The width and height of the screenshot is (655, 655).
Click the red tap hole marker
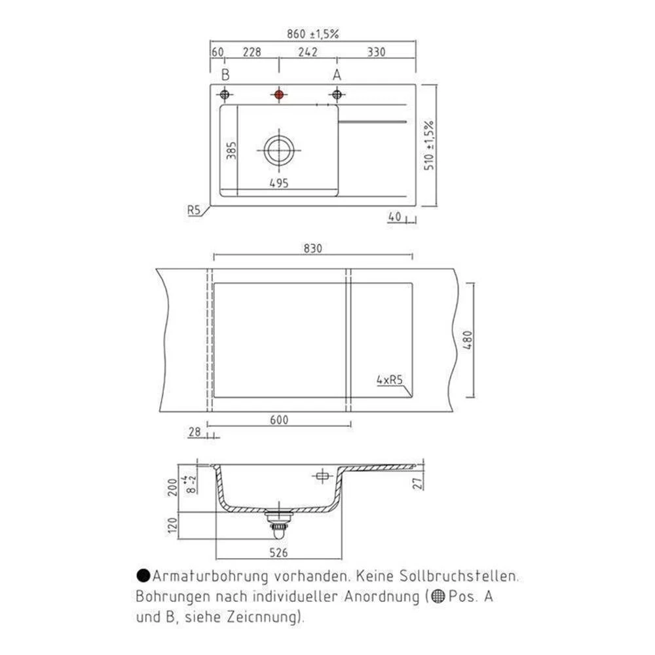click(x=280, y=95)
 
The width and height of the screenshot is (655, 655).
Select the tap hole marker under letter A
click(x=337, y=95)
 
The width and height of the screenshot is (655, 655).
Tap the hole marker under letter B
click(x=225, y=95)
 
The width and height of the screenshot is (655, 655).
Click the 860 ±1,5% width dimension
click(x=312, y=35)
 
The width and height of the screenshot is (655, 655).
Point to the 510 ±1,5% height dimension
click(x=430, y=145)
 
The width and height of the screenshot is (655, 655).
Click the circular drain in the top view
click(x=280, y=151)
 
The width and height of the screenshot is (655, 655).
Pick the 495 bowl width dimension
click(x=280, y=183)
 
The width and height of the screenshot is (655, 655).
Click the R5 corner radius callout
click(x=193, y=210)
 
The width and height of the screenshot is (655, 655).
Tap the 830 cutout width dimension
click(x=313, y=249)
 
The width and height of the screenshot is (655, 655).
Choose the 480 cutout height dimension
click(x=467, y=340)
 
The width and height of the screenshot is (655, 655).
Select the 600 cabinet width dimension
click(x=279, y=420)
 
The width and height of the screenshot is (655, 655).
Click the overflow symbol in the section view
click(x=321, y=476)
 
